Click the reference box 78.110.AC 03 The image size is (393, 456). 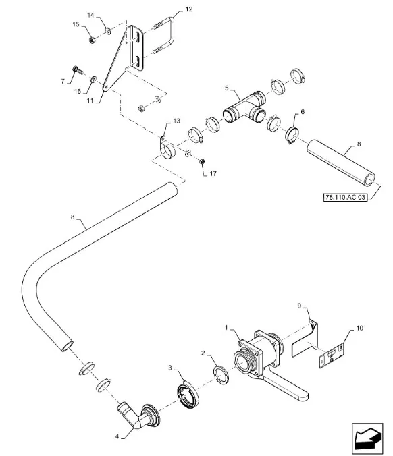tap(345, 197)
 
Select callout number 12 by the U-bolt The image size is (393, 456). tap(189, 9)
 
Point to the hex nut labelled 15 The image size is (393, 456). tap(91, 40)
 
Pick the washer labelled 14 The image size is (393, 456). tap(108, 31)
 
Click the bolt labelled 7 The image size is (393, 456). tap(76, 70)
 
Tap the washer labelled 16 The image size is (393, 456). tap(94, 78)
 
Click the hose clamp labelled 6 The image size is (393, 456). tap(292, 135)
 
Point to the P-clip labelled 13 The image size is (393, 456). tap(166, 148)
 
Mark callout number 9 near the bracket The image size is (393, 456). tap(299, 306)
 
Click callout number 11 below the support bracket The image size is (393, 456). tap(90, 101)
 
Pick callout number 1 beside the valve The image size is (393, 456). tap(226, 328)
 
